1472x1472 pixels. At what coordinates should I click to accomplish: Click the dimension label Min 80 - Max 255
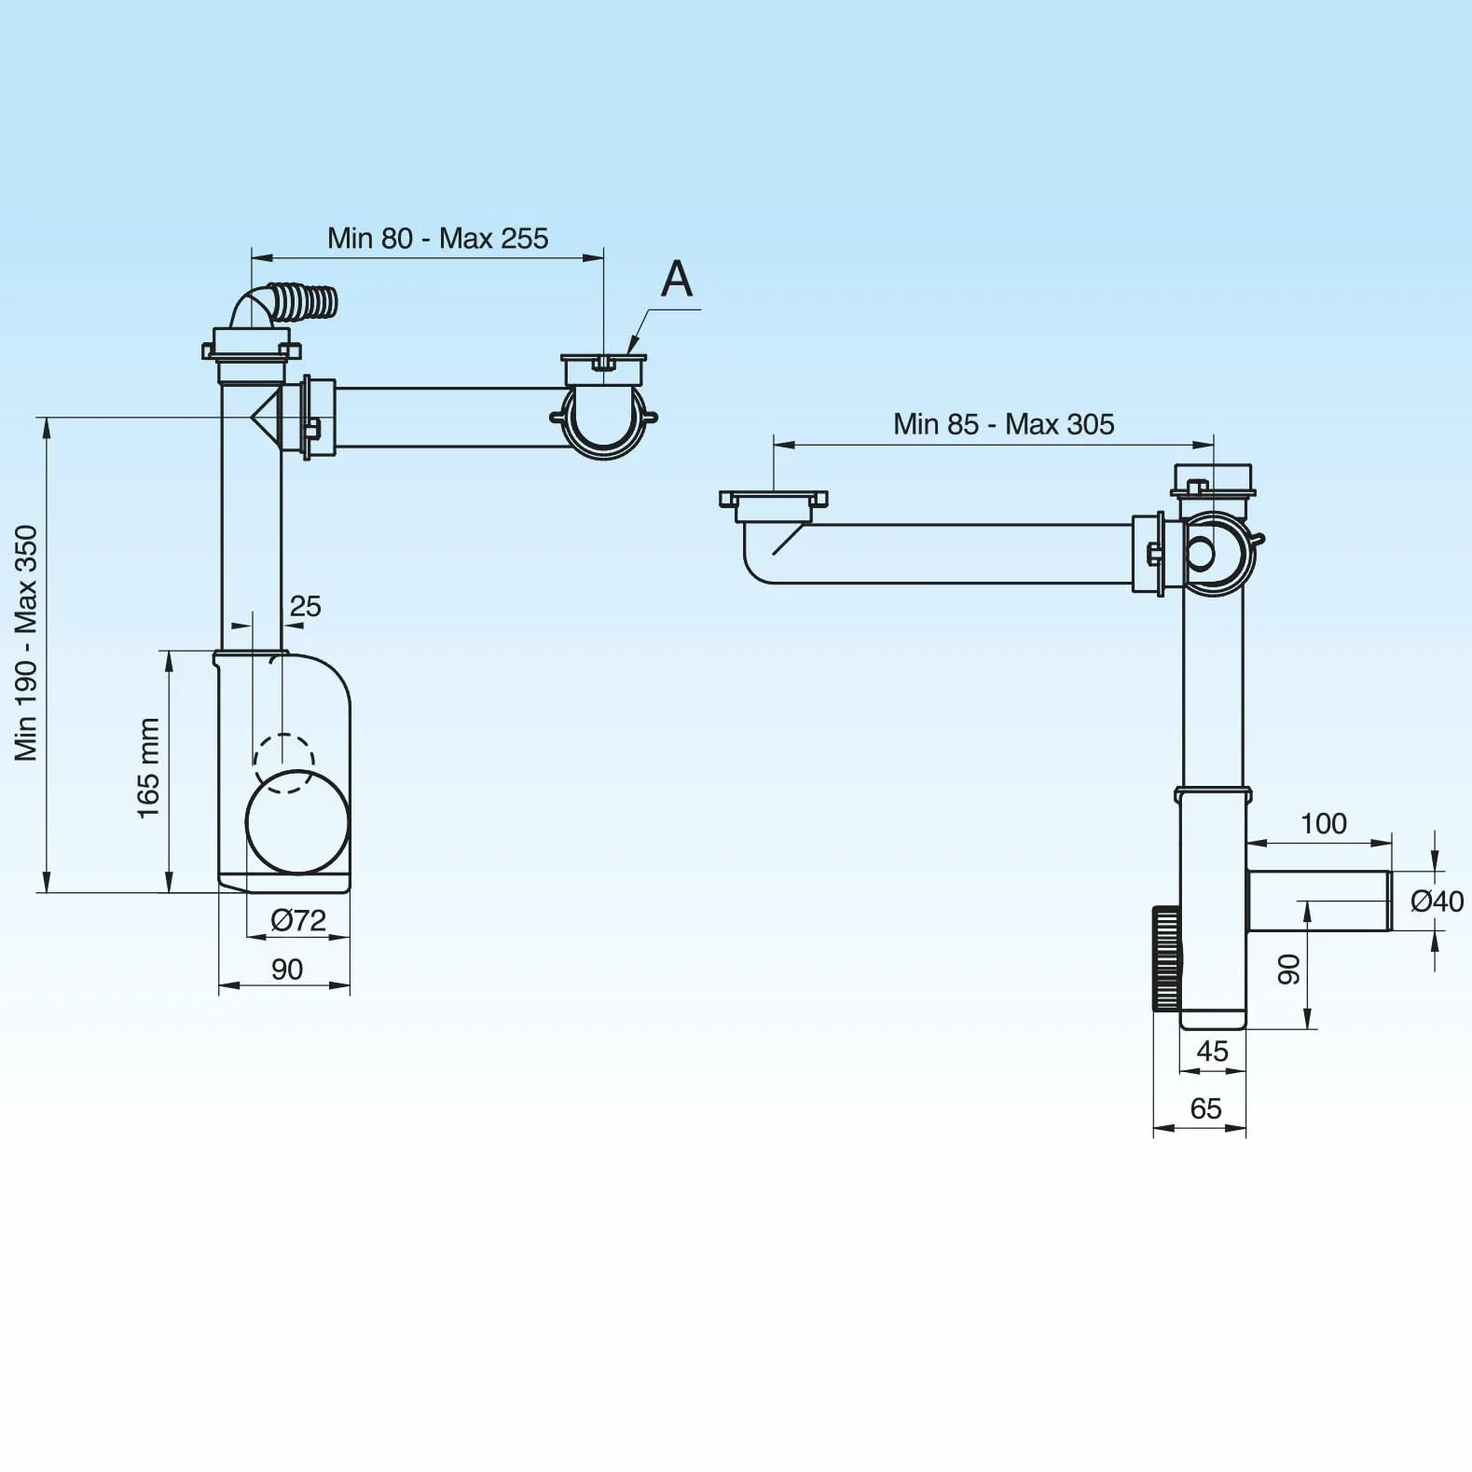click(x=437, y=239)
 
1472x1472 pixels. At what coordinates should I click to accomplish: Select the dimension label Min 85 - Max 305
click(x=1003, y=424)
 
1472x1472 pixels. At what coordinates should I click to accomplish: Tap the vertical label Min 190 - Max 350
click(x=26, y=643)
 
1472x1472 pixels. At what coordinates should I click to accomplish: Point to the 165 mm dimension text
click(x=149, y=769)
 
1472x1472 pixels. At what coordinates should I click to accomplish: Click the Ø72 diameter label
click(x=298, y=921)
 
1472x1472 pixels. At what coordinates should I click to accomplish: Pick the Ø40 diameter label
click(x=1437, y=901)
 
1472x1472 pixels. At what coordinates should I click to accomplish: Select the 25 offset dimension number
click(x=306, y=607)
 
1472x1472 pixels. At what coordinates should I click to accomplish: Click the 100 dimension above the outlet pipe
click(x=1324, y=824)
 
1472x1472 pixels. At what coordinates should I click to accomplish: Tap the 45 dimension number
click(x=1212, y=1052)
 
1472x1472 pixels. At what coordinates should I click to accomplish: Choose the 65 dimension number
click(x=1205, y=1109)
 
